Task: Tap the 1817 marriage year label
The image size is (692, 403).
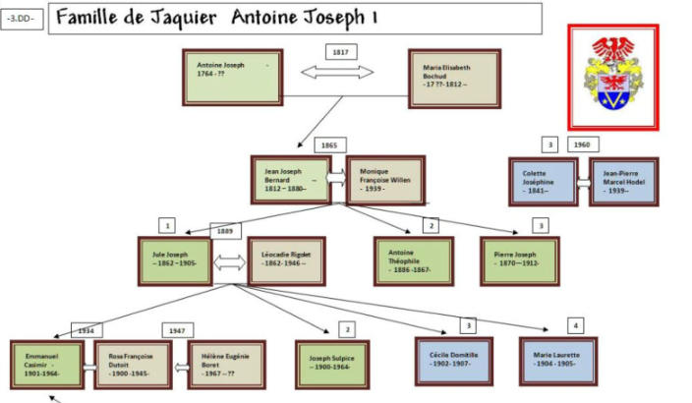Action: [x=339, y=51]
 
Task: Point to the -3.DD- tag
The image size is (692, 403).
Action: [x=24, y=20]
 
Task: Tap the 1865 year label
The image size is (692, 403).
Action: [x=328, y=145]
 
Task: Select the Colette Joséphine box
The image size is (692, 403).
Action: [x=542, y=182]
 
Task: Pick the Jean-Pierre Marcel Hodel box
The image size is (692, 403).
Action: [x=628, y=182]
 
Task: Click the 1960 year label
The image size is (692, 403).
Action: [x=580, y=145]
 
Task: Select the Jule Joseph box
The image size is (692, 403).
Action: [x=176, y=260]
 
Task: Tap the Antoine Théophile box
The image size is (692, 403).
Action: [x=414, y=260]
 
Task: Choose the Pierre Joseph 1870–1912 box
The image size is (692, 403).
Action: [x=521, y=260]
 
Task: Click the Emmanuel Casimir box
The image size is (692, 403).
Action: [x=47, y=365]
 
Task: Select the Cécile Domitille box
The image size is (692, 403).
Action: [x=454, y=360]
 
